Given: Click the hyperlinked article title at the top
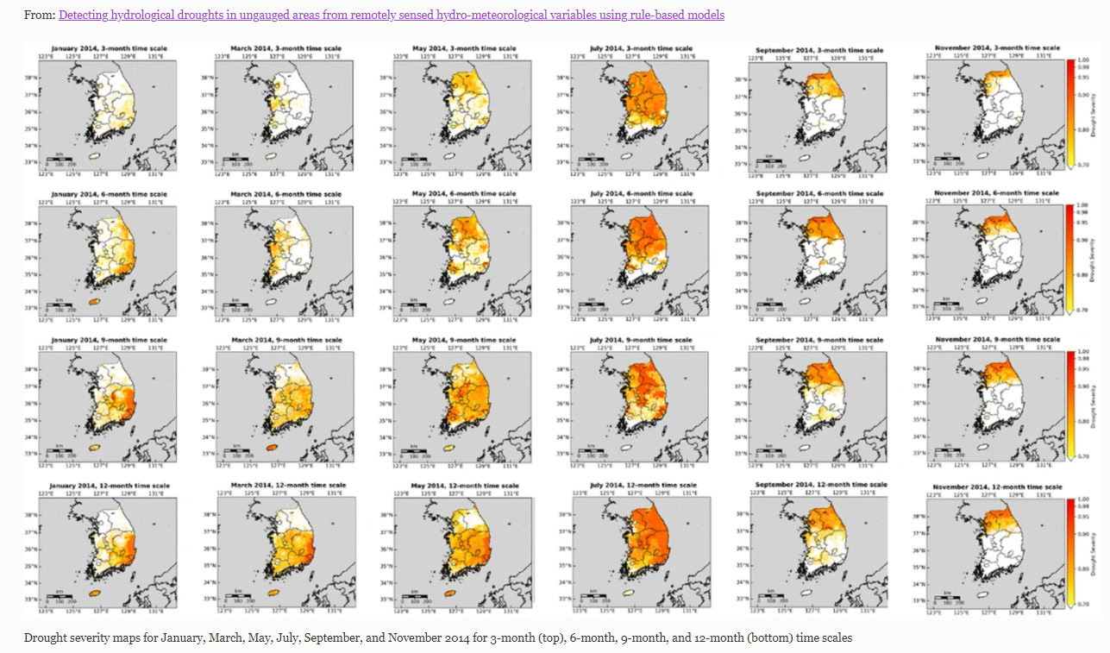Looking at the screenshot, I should click(392, 15).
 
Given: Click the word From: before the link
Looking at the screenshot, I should click(39, 15).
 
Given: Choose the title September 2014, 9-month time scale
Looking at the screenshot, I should click(820, 341).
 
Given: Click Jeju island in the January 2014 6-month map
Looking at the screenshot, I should click(96, 302).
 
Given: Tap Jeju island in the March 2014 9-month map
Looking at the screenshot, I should click(273, 448).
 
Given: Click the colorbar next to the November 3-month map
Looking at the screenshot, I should click(1070, 112).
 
